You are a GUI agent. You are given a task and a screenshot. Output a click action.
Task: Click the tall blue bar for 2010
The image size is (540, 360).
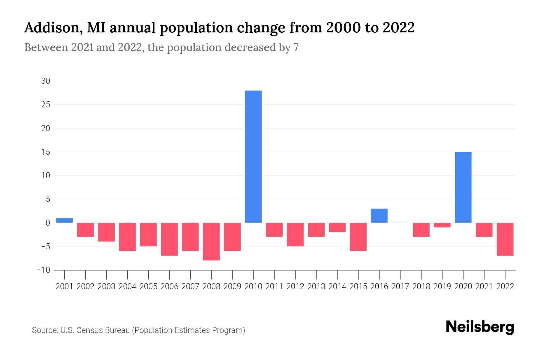253,156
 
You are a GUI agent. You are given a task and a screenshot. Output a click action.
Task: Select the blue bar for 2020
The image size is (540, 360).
463,187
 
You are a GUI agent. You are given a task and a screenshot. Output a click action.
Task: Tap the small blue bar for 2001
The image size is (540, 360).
64,220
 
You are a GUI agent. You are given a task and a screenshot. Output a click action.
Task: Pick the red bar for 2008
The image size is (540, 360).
211,241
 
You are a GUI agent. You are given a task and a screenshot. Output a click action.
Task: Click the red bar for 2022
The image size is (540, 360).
505,239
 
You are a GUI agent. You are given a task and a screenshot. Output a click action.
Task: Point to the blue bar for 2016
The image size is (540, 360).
379,215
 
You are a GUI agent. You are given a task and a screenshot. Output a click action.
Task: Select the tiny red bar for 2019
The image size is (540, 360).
442,225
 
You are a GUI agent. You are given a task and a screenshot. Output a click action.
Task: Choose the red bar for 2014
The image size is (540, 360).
337,227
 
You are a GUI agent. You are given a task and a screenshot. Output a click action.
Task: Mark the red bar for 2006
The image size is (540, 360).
169,239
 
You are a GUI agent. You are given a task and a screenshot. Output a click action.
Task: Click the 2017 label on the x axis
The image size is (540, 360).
400,286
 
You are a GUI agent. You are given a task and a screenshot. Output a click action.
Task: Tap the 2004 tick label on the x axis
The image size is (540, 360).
127,286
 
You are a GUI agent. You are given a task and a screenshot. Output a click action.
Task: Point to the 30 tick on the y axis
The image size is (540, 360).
46,81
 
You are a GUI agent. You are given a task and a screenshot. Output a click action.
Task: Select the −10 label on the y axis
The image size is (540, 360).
43,270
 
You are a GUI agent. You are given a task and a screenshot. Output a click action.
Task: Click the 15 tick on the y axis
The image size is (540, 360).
46,152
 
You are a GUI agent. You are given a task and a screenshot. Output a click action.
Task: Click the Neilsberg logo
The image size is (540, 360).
480,327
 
